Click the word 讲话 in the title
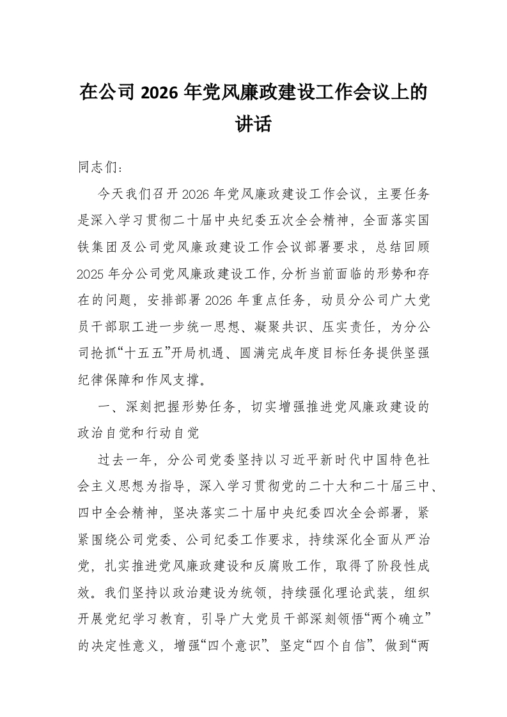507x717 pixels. click(x=254, y=124)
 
